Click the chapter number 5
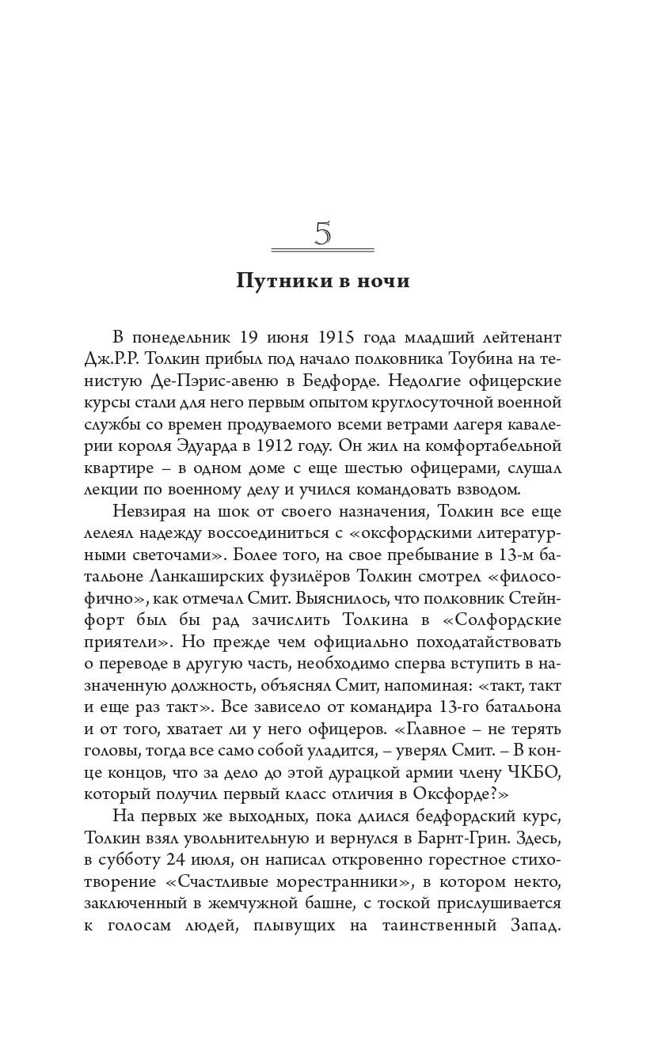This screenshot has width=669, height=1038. pyautogui.click(x=322, y=234)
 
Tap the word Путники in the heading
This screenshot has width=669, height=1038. pyautogui.click(x=277, y=282)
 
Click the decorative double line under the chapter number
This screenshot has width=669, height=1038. pyautogui.click(x=322, y=250)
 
